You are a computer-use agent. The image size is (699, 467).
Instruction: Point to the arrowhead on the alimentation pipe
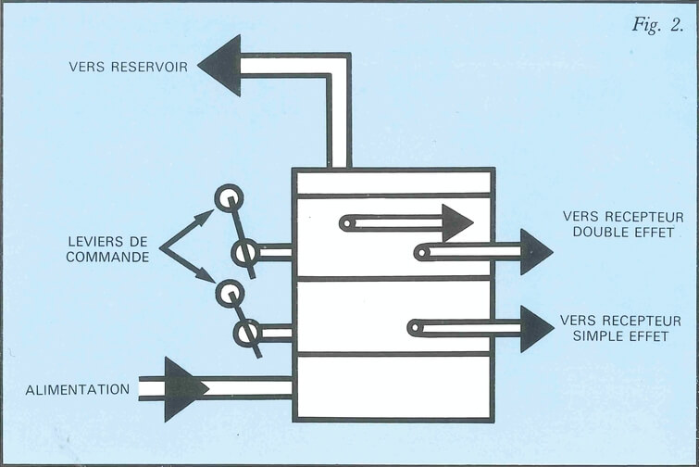(x=184, y=388)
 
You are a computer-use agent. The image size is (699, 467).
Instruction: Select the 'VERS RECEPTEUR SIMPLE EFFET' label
(x=621, y=328)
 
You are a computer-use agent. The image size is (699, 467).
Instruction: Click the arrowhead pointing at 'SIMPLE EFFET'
(x=535, y=328)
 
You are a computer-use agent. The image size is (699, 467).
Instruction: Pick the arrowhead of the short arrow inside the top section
(x=456, y=222)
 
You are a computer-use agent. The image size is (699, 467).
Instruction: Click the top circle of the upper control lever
(x=229, y=197)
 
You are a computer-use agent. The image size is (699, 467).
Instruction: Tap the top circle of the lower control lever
(x=228, y=294)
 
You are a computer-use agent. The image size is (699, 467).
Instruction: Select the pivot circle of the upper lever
(x=245, y=252)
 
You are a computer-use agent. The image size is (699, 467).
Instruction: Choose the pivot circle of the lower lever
(x=247, y=333)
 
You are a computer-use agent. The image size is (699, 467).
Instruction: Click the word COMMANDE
(x=107, y=257)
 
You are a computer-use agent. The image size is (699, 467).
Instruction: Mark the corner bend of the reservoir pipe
(x=340, y=66)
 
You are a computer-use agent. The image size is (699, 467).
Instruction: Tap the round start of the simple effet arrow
(x=417, y=327)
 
